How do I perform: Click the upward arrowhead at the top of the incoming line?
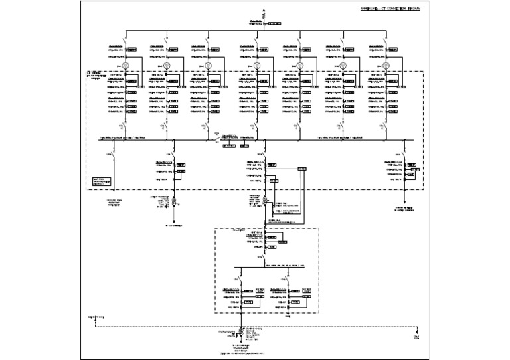[264, 11]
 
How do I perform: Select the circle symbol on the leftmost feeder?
[126, 65]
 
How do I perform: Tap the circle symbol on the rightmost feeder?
[386, 65]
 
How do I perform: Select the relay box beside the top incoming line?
[274, 23]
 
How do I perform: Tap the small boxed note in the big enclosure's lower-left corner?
[101, 181]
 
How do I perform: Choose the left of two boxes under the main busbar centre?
[230, 145]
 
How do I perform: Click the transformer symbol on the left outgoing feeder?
[172, 200]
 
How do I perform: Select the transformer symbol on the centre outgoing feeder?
[264, 200]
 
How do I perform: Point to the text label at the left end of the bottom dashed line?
[97, 319]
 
